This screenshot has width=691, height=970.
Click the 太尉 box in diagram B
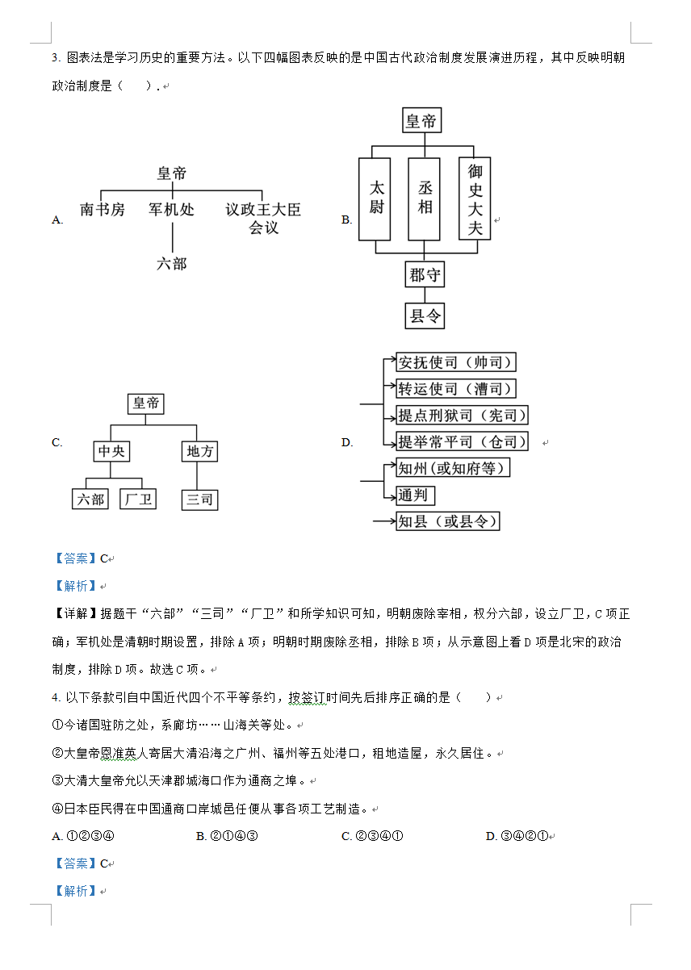point(375,199)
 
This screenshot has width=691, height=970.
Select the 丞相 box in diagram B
point(424,199)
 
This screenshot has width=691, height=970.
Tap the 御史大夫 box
point(475,199)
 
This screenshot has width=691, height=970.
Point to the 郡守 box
point(425,274)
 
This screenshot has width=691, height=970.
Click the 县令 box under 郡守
point(425,316)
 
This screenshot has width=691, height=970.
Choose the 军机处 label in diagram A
point(172,210)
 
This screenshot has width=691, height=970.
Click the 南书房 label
point(103,210)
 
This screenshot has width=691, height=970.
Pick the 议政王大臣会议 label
point(263,219)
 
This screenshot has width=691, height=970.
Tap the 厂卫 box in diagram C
point(138,500)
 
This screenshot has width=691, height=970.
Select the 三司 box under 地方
point(199,500)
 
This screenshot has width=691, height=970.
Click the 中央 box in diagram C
point(111,451)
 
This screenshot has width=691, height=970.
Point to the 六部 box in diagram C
point(90,500)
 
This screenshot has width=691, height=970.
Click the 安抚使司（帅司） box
point(456,362)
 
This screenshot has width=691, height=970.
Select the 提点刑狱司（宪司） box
point(462,416)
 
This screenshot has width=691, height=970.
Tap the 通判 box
point(416,495)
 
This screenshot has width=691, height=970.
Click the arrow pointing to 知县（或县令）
point(385,521)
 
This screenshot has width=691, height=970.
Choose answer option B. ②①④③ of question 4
point(227,836)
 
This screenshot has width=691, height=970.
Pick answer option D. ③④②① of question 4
point(517,836)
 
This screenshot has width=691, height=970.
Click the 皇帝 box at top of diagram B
point(422,120)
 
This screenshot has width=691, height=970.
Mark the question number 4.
point(56,697)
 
